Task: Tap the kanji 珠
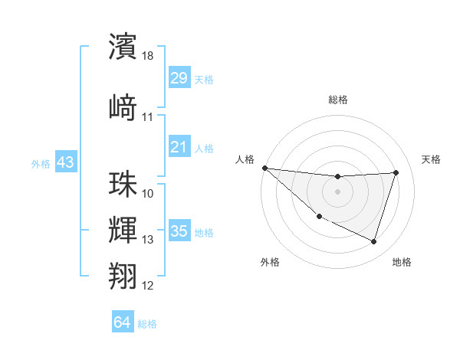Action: click(123, 184)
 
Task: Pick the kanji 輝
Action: click(123, 230)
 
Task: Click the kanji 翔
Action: click(123, 275)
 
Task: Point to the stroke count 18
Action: click(149, 55)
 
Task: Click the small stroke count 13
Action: click(148, 240)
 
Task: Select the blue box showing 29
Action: click(179, 78)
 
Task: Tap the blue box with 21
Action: click(179, 147)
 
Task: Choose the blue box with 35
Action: click(179, 231)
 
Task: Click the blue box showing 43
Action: click(65, 162)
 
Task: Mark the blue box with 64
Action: click(123, 322)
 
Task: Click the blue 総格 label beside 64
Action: click(147, 324)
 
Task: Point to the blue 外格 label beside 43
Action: click(41, 163)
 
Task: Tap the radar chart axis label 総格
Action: click(337, 100)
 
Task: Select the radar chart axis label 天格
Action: click(432, 159)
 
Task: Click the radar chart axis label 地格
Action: click(402, 262)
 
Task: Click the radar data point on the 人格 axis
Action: click(264, 168)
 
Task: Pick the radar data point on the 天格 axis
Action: click(396, 172)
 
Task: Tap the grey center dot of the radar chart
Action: click(337, 191)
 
